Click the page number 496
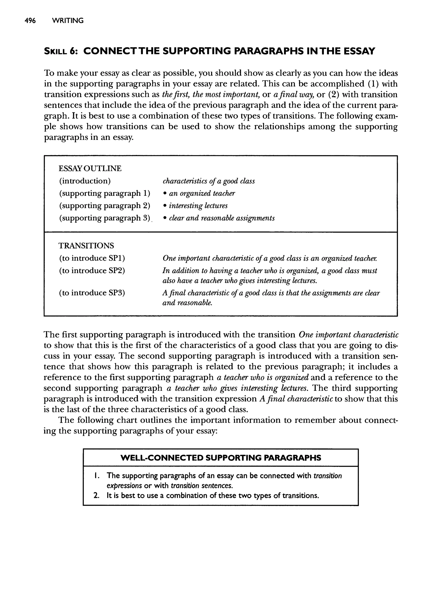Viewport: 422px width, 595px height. tap(30, 21)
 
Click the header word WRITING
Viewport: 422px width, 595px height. tap(68, 21)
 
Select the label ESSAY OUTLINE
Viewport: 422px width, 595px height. tap(90, 168)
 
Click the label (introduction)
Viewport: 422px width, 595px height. tap(85, 181)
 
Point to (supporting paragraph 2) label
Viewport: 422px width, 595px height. tap(105, 206)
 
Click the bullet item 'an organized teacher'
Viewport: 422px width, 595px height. tap(202, 193)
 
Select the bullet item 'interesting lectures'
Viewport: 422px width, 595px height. tap(198, 206)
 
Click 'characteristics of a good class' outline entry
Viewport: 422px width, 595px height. tap(209, 181)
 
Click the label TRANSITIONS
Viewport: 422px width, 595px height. tap(86, 245)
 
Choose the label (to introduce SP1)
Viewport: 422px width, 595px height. tap(92, 258)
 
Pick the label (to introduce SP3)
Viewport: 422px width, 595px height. tap(92, 293)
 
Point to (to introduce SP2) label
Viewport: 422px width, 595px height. tap(92, 271)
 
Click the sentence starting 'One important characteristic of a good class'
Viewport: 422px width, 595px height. tap(270, 258)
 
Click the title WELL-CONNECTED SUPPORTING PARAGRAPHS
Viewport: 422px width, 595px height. tap(221, 458)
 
